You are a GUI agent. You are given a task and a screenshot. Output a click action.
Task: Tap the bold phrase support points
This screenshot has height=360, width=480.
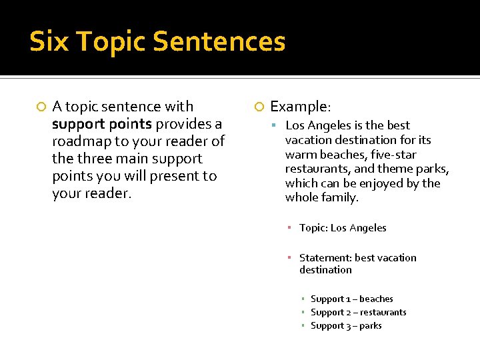pos(102,124)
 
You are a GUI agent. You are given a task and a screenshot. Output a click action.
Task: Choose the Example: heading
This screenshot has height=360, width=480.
pos(300,107)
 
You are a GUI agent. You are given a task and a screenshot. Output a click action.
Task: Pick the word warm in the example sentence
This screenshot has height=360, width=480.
pos(299,155)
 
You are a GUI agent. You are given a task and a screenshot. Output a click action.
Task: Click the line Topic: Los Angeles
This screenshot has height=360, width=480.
pos(343,228)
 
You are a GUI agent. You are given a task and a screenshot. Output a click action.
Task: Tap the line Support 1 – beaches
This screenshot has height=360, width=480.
pos(352,299)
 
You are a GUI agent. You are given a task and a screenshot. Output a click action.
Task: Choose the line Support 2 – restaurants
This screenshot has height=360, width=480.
pos(358,313)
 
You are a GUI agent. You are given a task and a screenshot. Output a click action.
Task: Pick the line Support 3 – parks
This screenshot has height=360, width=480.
pos(346,326)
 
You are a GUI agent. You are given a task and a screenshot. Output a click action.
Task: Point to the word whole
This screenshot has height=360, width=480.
pos(301,198)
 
